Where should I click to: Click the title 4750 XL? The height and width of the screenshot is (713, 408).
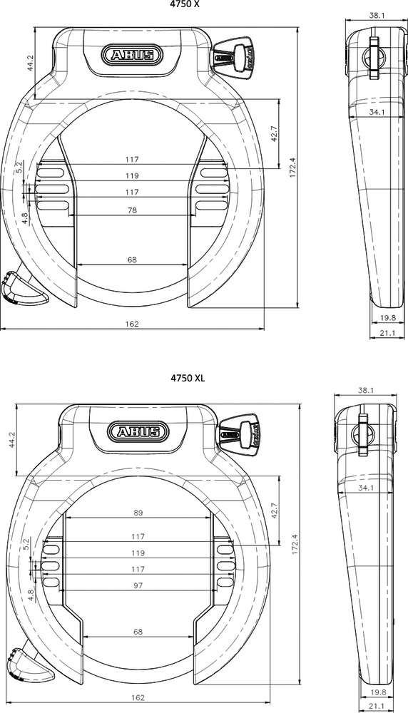[x=188, y=378]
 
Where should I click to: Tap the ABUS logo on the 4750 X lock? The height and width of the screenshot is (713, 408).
[x=131, y=55]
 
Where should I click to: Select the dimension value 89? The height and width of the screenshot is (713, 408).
[x=138, y=512]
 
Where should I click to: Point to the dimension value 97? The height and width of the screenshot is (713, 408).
[x=138, y=585]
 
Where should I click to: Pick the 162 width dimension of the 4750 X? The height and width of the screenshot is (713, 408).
[x=131, y=324]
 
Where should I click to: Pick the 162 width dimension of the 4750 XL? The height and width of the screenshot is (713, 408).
[x=138, y=697]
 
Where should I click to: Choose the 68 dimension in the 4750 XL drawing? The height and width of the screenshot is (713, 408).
[x=138, y=632]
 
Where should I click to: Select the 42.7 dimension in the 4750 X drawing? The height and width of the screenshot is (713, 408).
[x=274, y=135]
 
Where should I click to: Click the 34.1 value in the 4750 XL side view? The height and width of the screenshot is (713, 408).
[x=367, y=488]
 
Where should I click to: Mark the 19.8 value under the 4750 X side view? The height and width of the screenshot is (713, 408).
[x=387, y=318]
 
